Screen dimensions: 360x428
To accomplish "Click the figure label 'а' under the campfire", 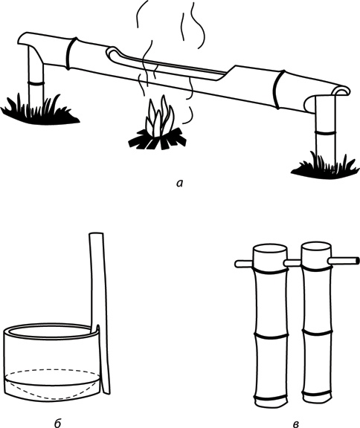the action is [179, 183].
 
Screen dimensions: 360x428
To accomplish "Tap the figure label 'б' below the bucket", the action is [57, 423].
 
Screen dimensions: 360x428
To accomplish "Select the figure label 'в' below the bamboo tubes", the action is [296, 424].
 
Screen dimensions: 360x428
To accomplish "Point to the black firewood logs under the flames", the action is [158, 140].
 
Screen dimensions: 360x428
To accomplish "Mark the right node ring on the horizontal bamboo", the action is [279, 89].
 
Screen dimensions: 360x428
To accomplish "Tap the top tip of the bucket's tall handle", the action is [96, 233].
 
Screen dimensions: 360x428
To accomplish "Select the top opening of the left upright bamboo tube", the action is [270, 249].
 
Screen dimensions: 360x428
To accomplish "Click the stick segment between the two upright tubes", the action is [292, 263].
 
